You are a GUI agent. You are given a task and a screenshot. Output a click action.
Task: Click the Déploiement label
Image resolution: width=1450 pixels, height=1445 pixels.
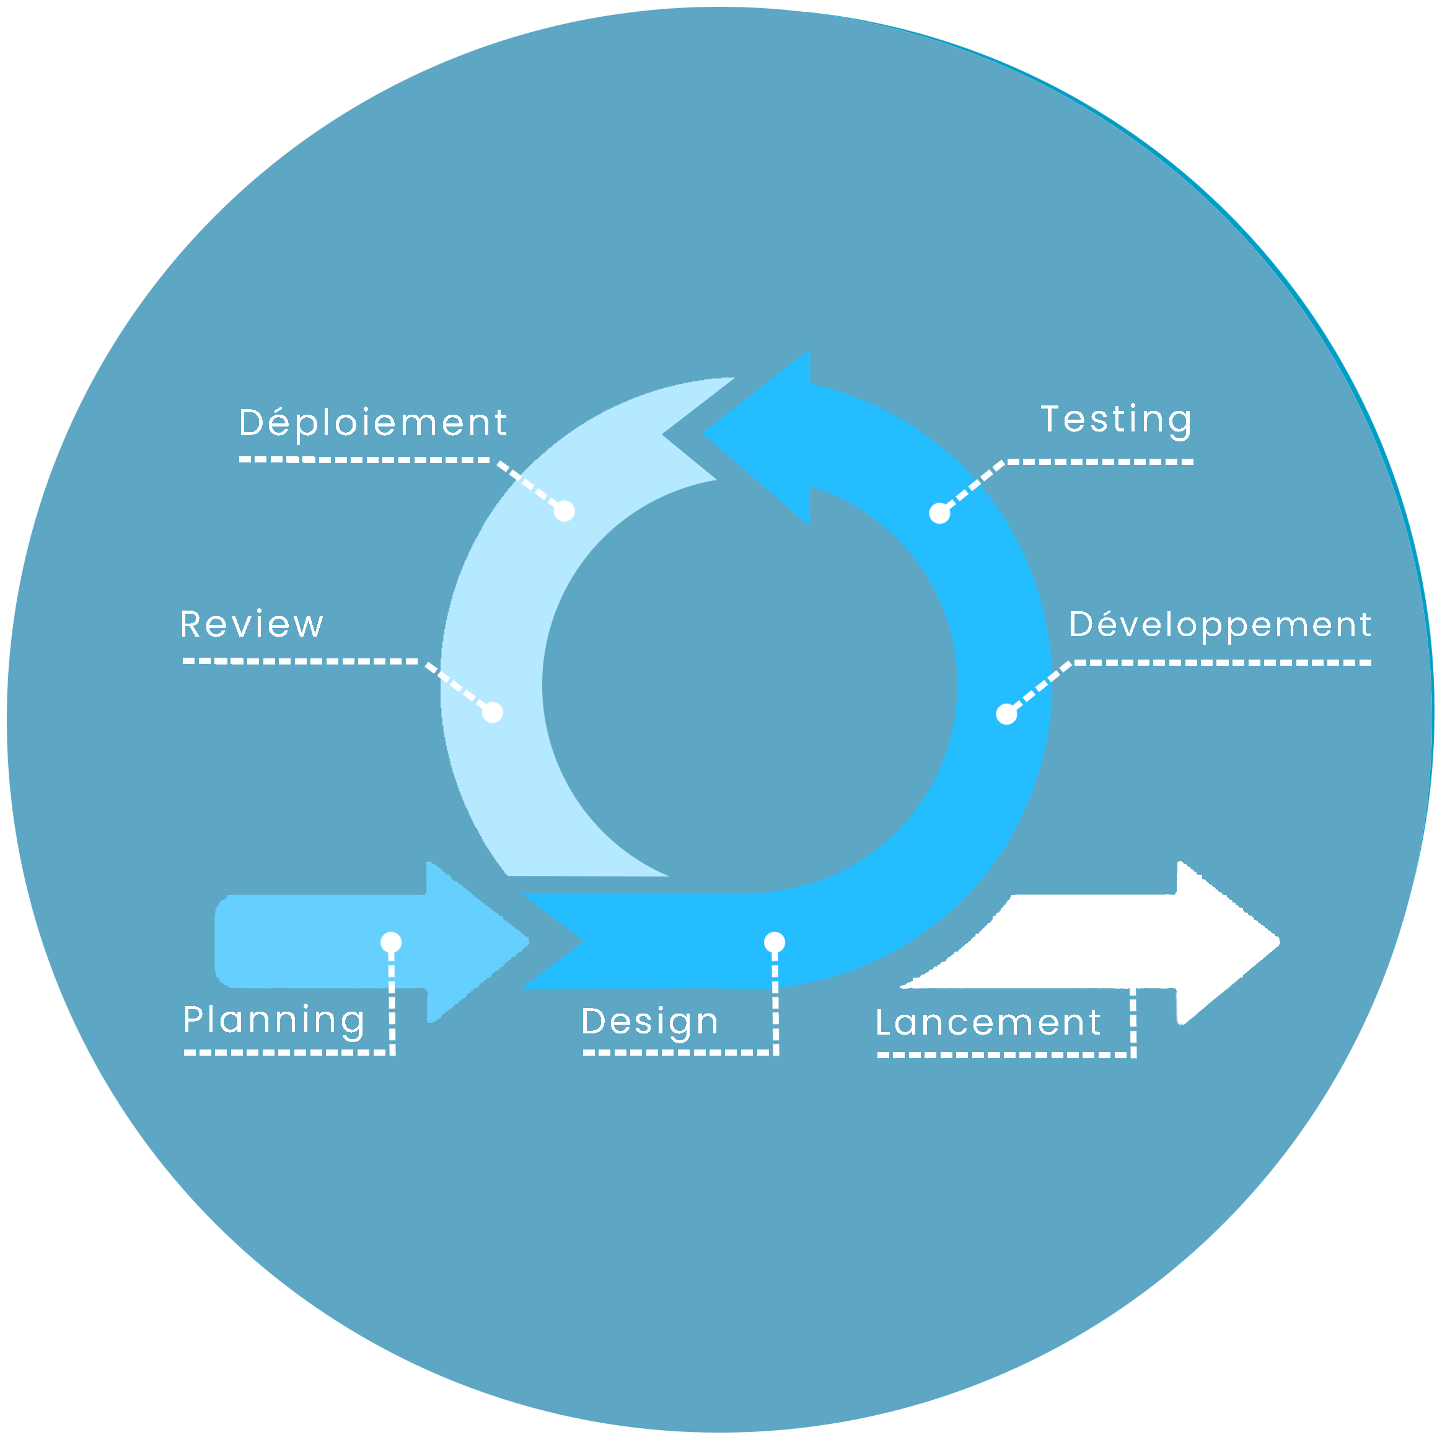coord(373,423)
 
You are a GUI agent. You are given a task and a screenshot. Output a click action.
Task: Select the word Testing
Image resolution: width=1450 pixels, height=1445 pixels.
coord(1116,419)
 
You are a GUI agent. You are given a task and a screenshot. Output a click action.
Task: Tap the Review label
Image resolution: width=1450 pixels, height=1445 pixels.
coord(252,624)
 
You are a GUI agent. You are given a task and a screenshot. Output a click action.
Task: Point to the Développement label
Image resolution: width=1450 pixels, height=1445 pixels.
coord(1219,624)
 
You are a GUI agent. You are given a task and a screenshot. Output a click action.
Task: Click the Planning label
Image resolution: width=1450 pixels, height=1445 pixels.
coord(274,1020)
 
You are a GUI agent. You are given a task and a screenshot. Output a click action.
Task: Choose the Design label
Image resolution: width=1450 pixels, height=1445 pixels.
coord(650,1022)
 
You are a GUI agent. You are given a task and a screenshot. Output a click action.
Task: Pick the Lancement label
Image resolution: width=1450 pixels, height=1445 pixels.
coord(988,1023)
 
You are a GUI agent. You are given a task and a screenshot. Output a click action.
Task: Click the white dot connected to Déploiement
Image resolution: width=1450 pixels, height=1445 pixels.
coord(565,511)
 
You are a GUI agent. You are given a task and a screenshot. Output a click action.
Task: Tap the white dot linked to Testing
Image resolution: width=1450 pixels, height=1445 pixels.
coord(939,513)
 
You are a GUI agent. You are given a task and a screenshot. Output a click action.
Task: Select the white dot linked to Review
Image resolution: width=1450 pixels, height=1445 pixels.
coord(493,712)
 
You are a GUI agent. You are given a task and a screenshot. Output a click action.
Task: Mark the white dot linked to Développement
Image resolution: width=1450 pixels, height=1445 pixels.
coord(1006,715)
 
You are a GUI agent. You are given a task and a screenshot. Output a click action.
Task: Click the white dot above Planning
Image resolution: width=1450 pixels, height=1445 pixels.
coord(391,942)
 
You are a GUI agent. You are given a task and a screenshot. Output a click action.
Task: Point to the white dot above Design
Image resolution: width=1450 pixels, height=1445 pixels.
coord(775,942)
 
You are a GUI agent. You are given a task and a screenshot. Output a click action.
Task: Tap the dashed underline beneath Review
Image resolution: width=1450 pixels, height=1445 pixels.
coord(300,661)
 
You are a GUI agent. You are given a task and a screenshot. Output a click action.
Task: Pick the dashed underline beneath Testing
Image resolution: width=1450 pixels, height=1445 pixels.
coord(1099,462)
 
